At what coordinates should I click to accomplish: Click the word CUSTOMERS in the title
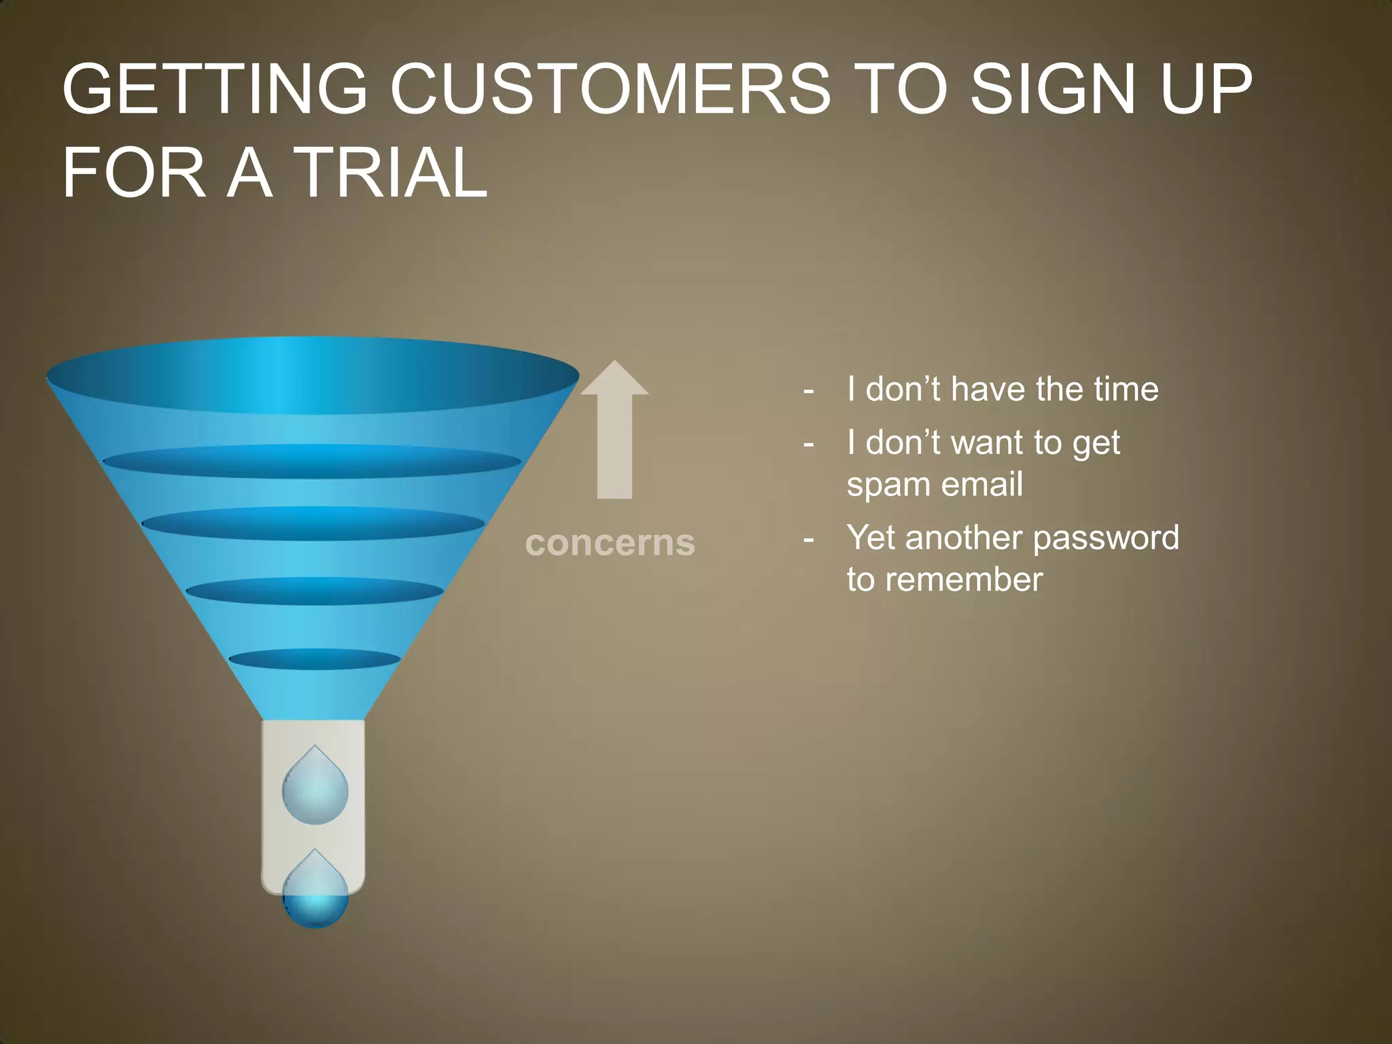610,89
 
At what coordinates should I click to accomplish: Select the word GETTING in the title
215,89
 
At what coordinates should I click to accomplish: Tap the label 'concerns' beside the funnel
610,542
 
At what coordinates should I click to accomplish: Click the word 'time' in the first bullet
1126,389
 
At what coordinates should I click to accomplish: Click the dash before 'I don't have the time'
808,390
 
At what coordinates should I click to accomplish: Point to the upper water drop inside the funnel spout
315,788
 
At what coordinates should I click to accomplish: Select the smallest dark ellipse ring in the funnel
315,659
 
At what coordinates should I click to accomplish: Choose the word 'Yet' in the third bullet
870,538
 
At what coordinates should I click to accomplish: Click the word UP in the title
1205,89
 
